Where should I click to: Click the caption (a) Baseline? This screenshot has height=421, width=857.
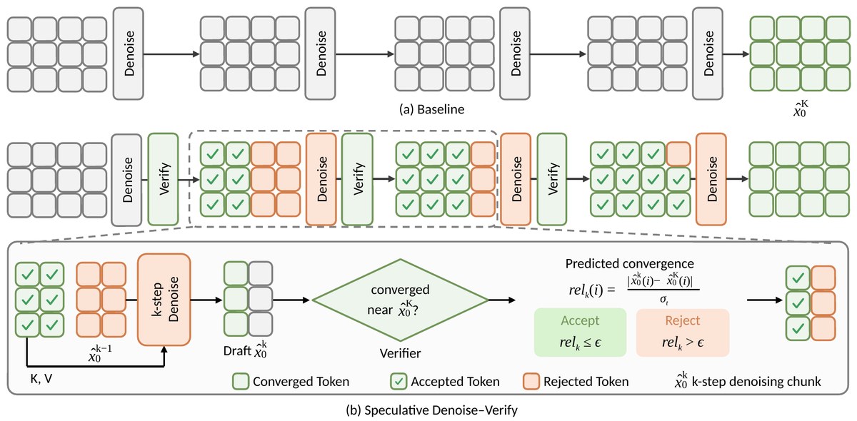(x=431, y=109)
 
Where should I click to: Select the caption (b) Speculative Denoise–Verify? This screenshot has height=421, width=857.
(x=431, y=410)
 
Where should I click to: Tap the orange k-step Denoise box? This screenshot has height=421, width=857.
(x=164, y=300)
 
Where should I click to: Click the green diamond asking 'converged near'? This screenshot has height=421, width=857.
(x=400, y=300)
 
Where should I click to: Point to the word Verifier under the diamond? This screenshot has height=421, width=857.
(x=400, y=353)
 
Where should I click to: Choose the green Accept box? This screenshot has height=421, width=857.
(x=580, y=333)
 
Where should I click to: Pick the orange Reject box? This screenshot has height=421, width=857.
(x=683, y=333)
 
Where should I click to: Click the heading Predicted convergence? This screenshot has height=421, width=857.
(x=629, y=263)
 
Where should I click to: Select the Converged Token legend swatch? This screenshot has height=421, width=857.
(x=241, y=381)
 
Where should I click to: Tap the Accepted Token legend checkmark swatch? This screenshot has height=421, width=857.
(x=399, y=381)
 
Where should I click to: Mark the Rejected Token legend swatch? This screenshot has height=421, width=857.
(x=531, y=381)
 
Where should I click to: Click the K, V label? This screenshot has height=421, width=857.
(x=41, y=379)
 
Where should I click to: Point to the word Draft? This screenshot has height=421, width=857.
(x=237, y=350)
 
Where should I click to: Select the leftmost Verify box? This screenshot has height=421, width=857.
(x=164, y=179)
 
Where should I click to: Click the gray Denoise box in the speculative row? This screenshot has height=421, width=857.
(x=126, y=180)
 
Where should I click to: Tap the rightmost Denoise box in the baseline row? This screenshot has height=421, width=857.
(x=708, y=54)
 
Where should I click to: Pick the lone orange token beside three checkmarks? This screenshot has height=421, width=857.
(x=678, y=153)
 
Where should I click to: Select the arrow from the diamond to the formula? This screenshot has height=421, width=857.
(x=502, y=300)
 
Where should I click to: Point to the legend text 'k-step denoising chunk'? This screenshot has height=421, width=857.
(x=756, y=381)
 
